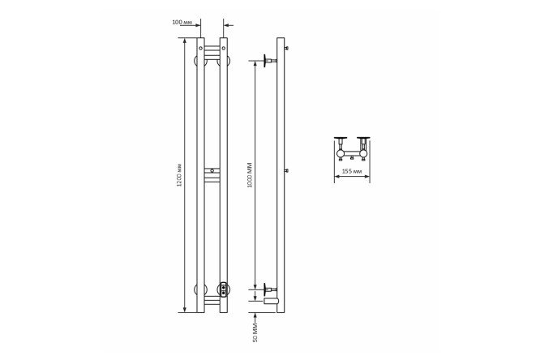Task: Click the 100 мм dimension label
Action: click(182, 23)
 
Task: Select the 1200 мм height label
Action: click(179, 174)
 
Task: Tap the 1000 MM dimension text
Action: click(250, 175)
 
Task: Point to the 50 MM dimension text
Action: click(255, 332)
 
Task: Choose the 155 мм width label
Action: click(352, 171)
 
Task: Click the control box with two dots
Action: click(224, 289)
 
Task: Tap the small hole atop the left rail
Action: click(201, 48)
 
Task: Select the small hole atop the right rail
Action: click(224, 48)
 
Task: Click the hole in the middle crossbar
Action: click(212, 170)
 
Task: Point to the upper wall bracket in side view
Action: click(270, 61)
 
